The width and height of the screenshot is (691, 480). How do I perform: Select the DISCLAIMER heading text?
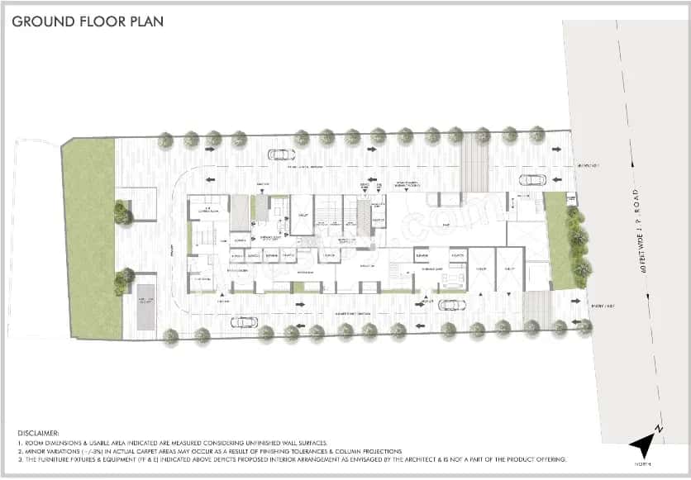pos(38,433)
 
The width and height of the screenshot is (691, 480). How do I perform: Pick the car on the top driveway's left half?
pos(281,154)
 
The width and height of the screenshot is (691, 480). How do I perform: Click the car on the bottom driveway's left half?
pos(243,321)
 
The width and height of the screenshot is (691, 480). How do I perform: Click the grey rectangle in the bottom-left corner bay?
pos(145,307)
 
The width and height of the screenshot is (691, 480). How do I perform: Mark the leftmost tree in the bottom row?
pos(171,335)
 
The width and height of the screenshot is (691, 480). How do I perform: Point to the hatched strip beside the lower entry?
pos(536,310)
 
